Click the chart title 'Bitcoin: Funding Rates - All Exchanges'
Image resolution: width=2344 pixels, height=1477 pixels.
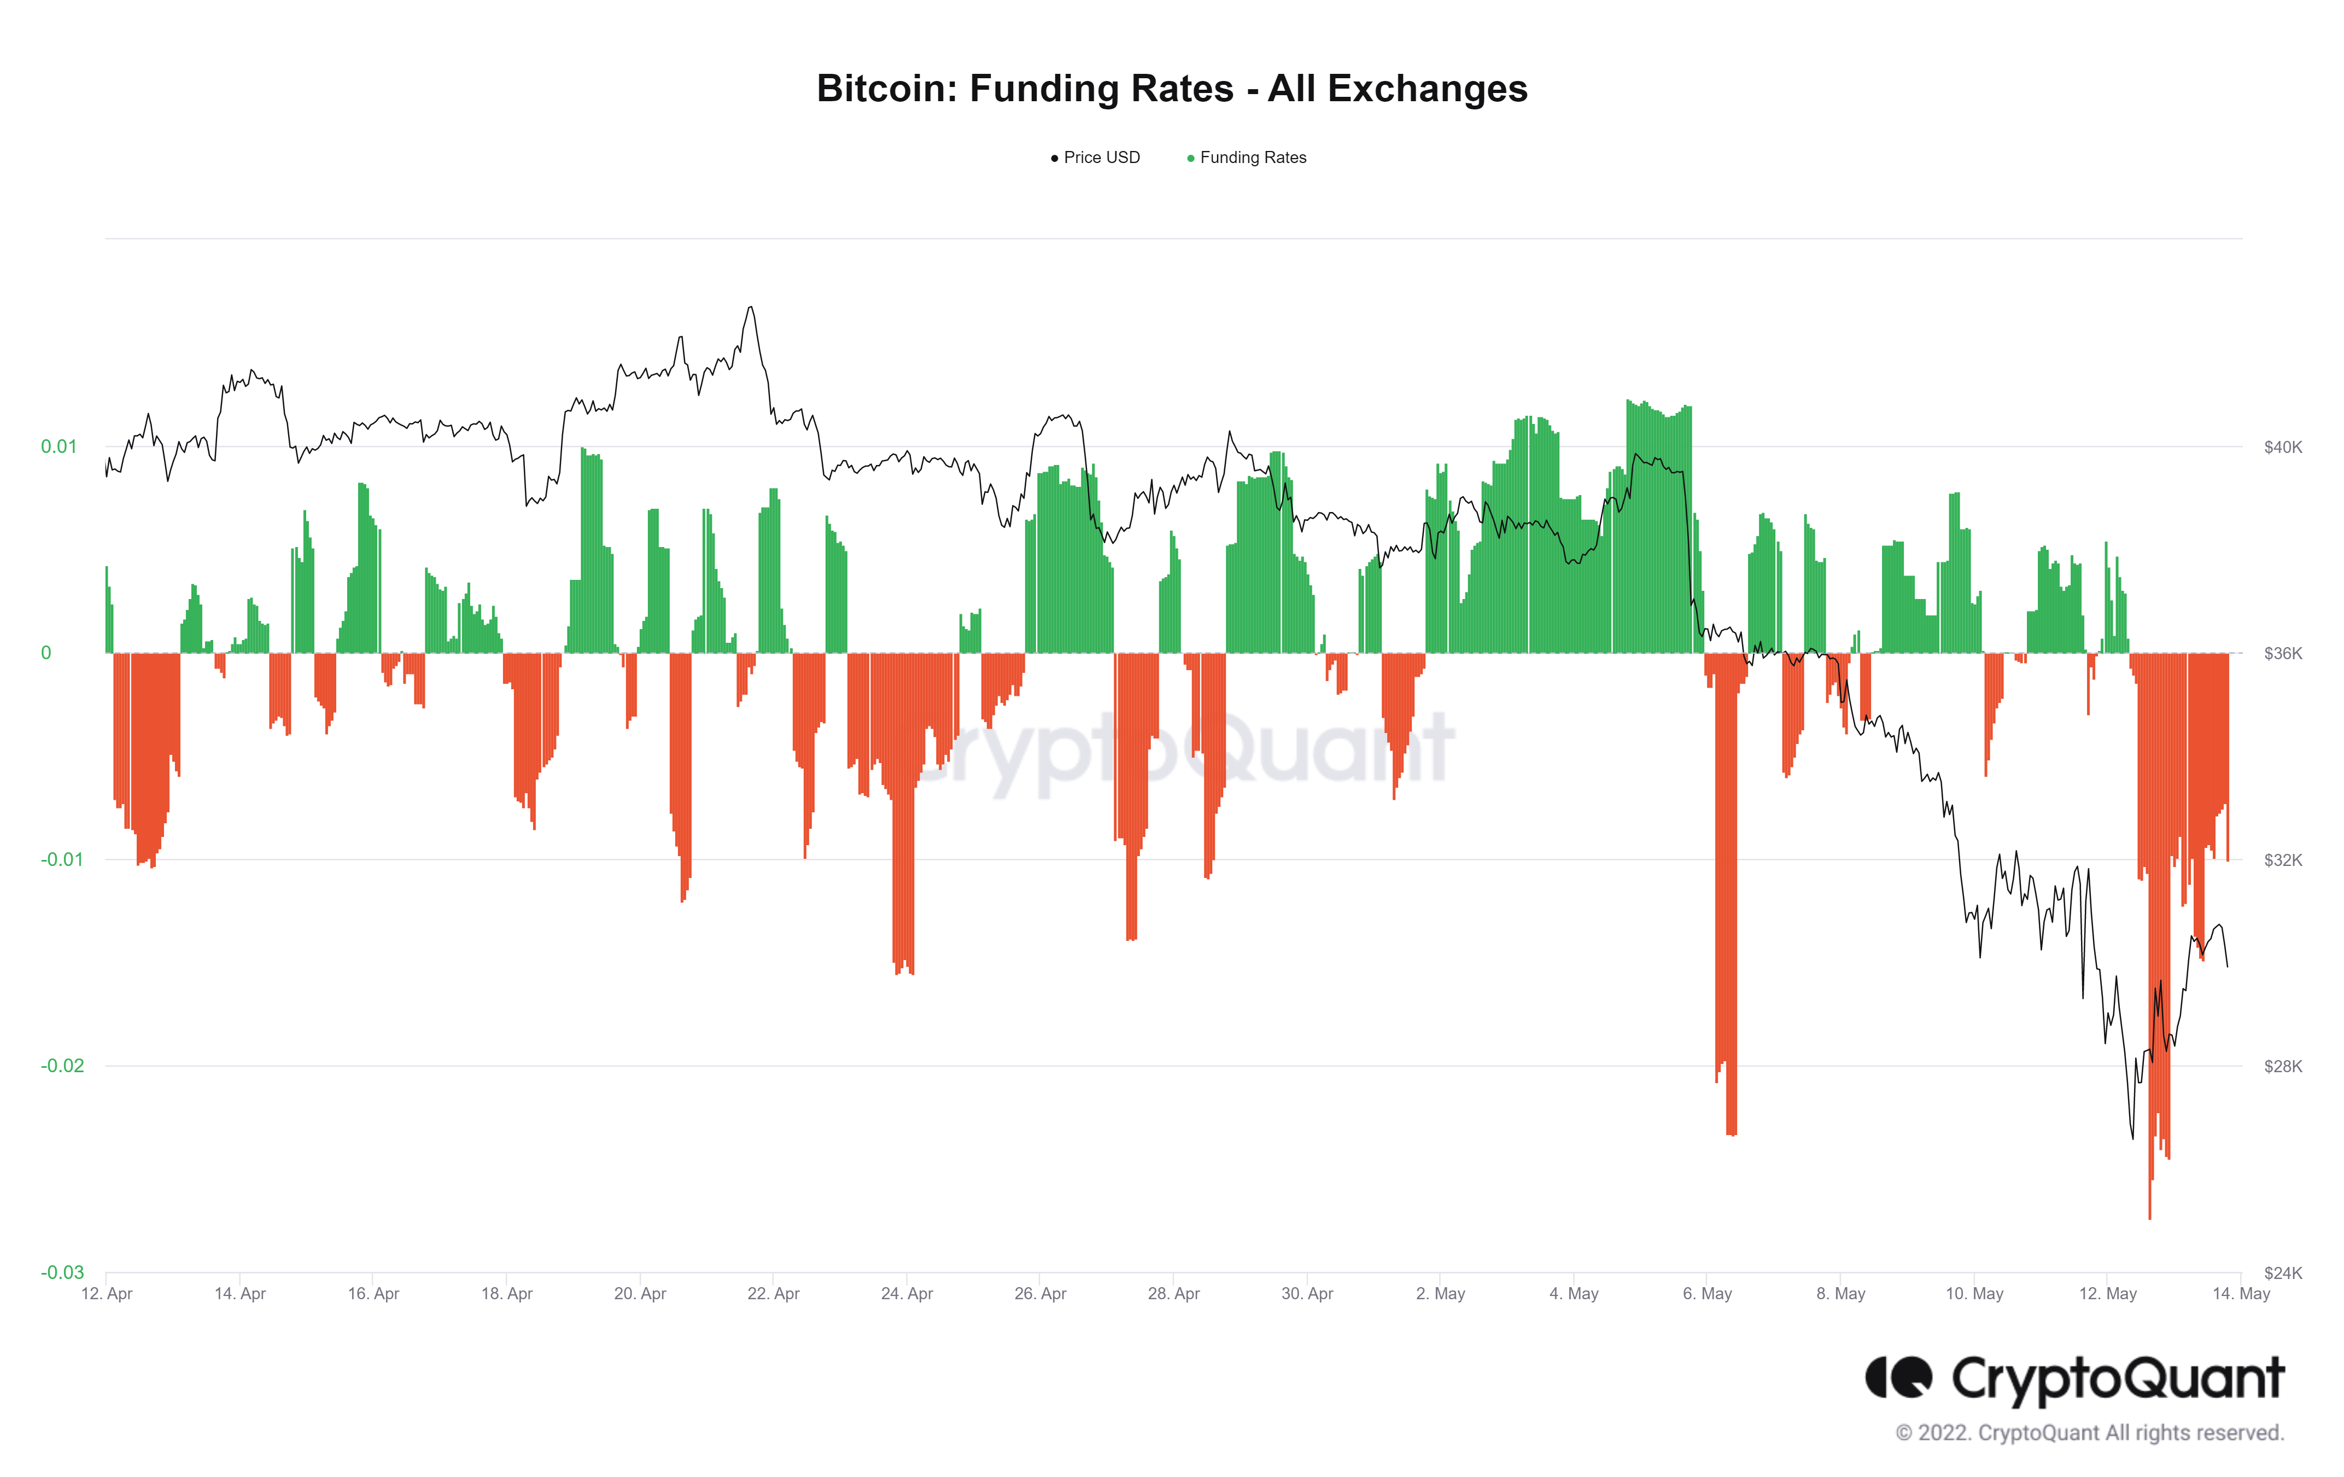[x=1171, y=89]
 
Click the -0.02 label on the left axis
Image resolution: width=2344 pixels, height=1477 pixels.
[x=61, y=1066]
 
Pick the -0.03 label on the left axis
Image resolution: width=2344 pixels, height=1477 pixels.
[x=61, y=1272]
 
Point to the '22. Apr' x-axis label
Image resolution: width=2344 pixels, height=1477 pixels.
[x=773, y=1294]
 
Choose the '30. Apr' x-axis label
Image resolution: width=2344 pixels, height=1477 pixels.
[x=1306, y=1294]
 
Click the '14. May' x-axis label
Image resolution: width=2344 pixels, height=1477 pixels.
[x=2240, y=1294]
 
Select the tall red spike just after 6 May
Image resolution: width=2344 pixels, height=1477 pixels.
[x=1731, y=1120]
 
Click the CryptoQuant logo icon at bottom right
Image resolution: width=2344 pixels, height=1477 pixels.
[x=1897, y=1377]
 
